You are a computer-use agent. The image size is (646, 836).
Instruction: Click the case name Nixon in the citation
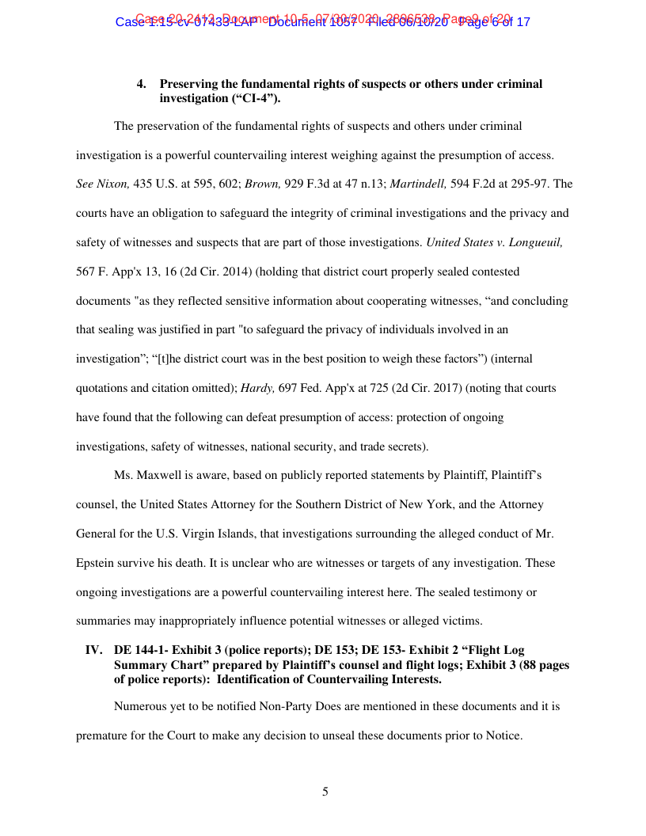click(x=112, y=184)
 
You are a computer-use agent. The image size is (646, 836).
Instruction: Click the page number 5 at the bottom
click(x=325, y=791)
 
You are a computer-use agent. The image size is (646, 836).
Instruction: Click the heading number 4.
click(x=142, y=84)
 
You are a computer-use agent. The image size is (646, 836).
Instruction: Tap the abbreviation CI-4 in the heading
click(x=253, y=98)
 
